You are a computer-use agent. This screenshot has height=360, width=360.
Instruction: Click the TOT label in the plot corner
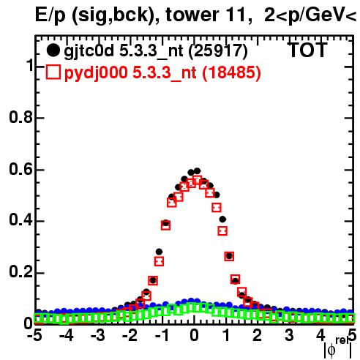308,50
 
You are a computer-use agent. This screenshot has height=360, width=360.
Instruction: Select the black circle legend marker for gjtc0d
53,50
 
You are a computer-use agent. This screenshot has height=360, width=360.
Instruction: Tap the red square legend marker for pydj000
53,72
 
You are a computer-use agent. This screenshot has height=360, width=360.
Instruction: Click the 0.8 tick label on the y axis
21,117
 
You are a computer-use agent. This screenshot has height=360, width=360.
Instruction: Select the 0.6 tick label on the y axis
21,169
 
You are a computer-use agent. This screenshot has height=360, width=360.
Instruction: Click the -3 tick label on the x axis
98,335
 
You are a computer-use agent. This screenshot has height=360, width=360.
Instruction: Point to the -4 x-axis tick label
66,335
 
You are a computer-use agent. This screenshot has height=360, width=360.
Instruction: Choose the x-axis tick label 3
289,335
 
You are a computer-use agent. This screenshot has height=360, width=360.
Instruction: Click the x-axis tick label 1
227,335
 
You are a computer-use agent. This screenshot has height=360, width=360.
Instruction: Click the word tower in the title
190,15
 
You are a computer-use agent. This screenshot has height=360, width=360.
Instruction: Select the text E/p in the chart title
50,15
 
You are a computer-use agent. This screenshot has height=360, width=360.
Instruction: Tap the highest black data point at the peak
197,171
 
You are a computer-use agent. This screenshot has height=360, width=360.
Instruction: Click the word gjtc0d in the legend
89,51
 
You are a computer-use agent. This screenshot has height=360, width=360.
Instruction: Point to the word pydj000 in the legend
96,72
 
